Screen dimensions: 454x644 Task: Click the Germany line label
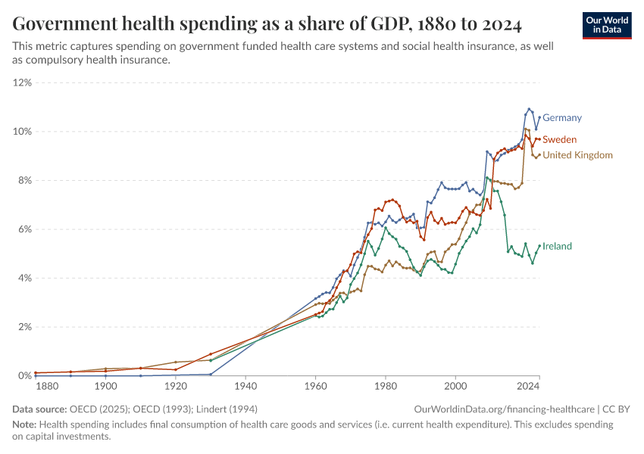coord(562,118)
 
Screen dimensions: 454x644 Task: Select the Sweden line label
coord(559,140)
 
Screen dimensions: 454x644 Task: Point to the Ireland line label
coord(557,247)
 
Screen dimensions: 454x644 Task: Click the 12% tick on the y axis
coord(23,82)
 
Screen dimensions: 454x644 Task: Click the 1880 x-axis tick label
coord(47,387)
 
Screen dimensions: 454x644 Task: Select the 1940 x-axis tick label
coord(245,387)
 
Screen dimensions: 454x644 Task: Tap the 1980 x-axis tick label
coord(386,387)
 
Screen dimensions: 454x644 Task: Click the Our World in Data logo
coord(607,25)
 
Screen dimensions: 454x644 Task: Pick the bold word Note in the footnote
coord(25,424)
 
